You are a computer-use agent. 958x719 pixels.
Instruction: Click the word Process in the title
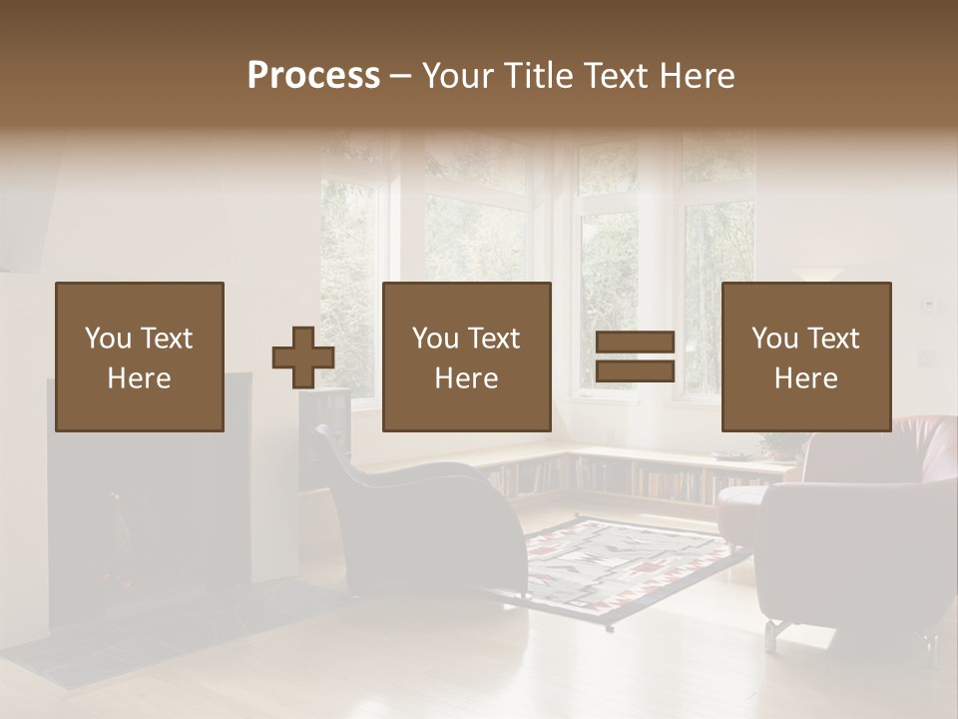tap(313, 76)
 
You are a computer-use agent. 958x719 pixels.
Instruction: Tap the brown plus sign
tap(303, 358)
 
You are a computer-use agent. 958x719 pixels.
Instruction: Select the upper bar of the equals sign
tap(636, 343)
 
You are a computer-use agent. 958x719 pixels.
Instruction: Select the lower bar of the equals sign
tap(636, 371)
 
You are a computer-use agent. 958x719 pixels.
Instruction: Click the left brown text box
tap(140, 357)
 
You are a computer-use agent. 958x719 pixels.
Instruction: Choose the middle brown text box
tap(467, 357)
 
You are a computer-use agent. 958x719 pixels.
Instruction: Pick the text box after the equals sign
tap(806, 357)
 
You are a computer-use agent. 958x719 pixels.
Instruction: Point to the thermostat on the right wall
tap(928, 303)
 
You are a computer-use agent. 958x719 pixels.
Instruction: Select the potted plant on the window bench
tap(773, 445)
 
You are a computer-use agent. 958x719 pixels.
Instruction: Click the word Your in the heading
tap(457, 76)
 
